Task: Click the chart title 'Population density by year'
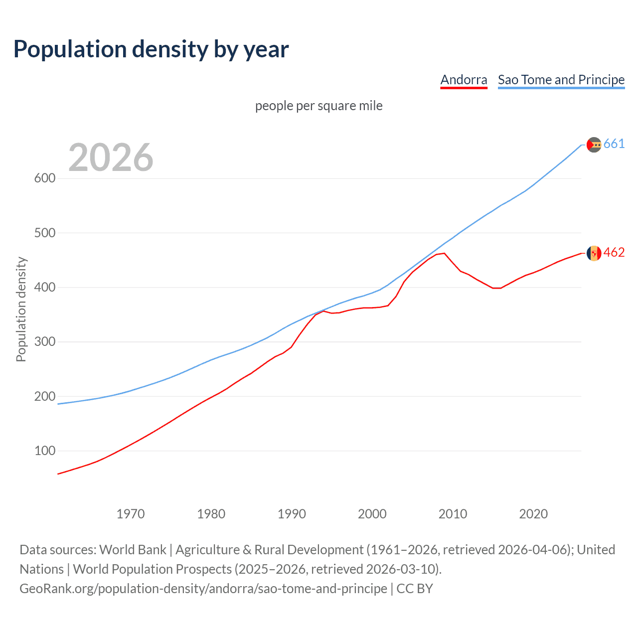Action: [151, 49]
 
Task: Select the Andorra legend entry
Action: [464, 80]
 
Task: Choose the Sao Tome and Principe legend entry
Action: [561, 80]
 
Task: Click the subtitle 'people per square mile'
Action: [319, 106]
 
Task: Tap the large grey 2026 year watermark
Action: [111, 158]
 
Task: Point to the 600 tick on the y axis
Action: [44, 178]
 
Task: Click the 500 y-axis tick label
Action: [44, 233]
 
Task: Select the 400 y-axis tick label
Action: [44, 288]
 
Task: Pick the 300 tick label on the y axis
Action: [44, 342]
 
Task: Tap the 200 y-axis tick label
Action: [44, 397]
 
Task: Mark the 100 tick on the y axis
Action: [44, 451]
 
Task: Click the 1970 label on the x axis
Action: [131, 514]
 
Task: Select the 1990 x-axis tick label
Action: [292, 514]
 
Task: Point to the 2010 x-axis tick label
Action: [453, 514]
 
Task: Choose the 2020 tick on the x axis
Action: [533, 514]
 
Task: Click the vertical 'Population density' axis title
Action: [21, 309]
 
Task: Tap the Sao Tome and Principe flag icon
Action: [594, 145]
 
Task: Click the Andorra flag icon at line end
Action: [594, 253]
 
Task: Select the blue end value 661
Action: [614, 144]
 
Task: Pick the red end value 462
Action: [614, 253]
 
